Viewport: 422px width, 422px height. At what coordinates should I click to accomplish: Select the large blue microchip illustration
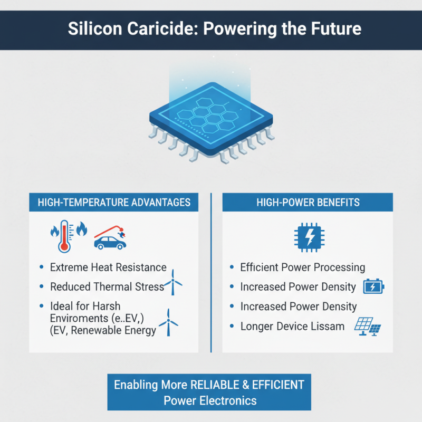click(211, 119)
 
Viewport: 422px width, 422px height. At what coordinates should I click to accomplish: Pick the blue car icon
click(109, 242)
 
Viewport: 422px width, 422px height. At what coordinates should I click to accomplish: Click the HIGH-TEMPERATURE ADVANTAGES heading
click(114, 203)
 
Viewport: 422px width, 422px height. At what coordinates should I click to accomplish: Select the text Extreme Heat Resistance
click(108, 267)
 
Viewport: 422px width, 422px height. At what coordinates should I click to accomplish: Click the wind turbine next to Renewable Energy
click(169, 322)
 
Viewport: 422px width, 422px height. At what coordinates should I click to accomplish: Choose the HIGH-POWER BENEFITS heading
click(308, 203)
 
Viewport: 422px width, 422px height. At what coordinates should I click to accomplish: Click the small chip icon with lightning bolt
click(308, 236)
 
